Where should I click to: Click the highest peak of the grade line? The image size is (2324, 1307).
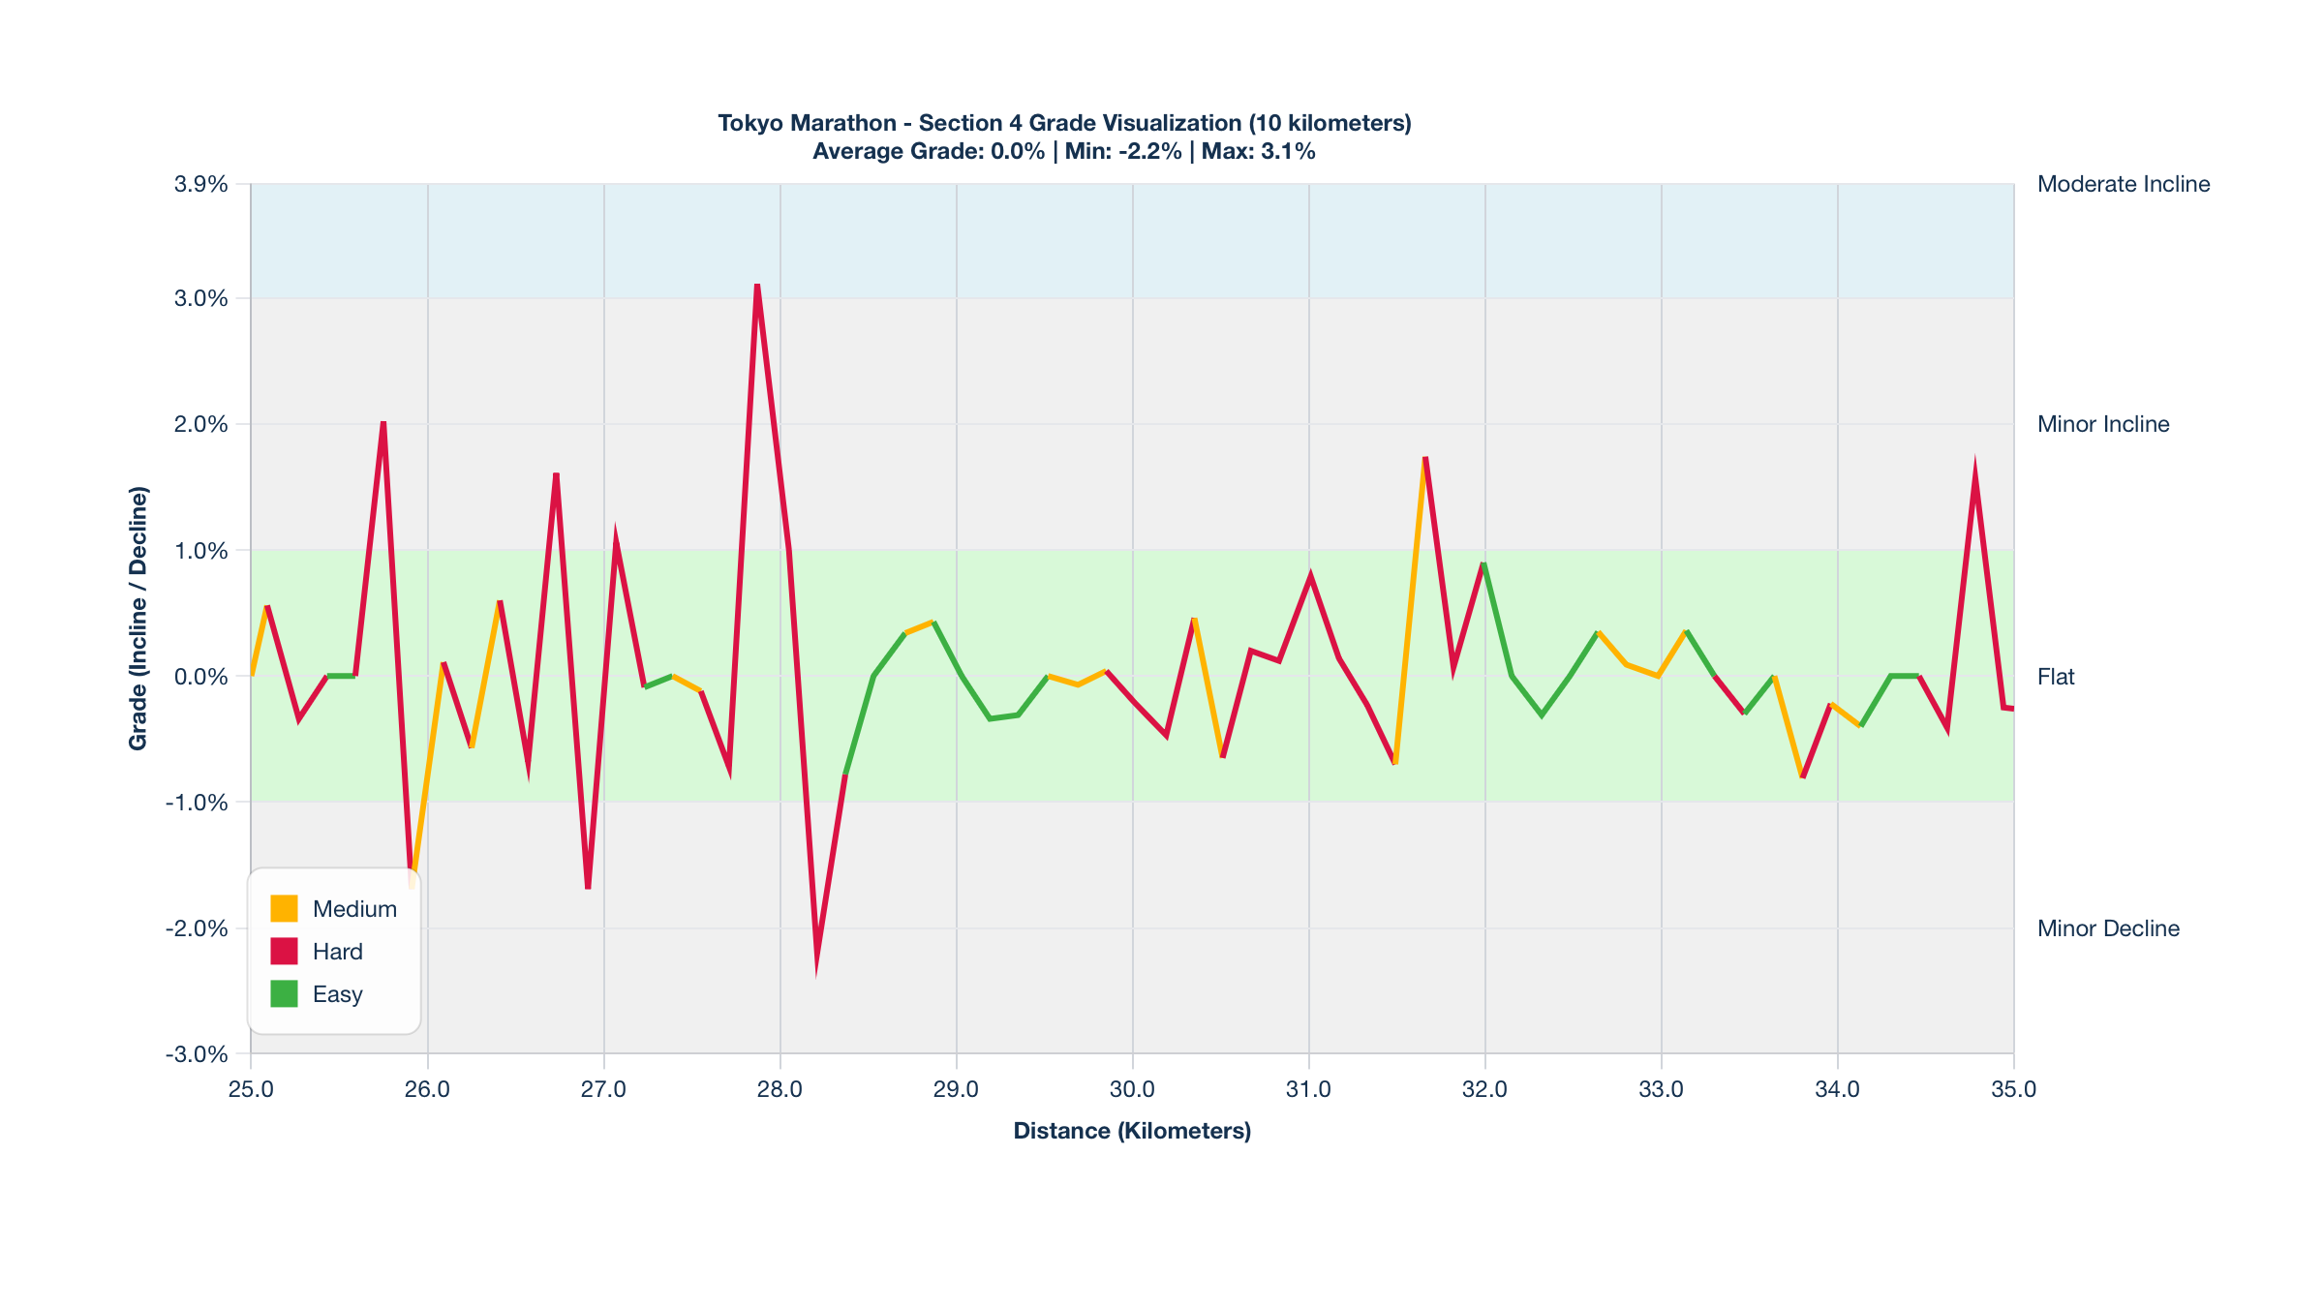tap(757, 286)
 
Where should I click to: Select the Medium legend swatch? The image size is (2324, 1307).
tap(284, 909)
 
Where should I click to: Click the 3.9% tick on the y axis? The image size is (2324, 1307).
tap(201, 184)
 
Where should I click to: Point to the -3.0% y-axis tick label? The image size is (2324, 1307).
tap(198, 1054)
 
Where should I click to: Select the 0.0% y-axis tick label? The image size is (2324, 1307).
tap(201, 677)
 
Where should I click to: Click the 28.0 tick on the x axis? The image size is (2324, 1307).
tap(780, 1089)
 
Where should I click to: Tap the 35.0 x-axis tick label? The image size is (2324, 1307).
tap(2014, 1089)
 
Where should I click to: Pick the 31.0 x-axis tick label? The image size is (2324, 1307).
tap(1309, 1089)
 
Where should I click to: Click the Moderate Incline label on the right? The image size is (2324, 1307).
tap(2124, 184)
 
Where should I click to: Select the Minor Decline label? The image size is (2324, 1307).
tap(2108, 928)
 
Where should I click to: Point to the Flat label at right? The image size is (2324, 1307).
tap(2056, 677)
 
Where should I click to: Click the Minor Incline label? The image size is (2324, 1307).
tap(2103, 424)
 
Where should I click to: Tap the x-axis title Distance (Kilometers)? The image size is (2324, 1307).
tap(1132, 1131)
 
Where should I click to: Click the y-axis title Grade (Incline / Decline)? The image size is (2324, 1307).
tap(138, 619)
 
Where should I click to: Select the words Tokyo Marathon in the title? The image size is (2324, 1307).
tap(807, 123)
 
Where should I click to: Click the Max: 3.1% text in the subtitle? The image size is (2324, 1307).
tap(1259, 151)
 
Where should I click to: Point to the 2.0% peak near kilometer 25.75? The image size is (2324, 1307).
tap(383, 424)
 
